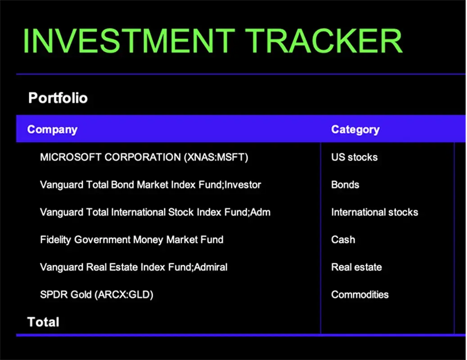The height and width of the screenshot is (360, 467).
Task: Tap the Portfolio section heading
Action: coord(58,98)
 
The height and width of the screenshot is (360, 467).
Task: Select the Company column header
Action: coord(52,130)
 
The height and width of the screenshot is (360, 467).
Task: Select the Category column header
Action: coord(355,130)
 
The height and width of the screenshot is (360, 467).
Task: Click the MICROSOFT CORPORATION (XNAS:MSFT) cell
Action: coord(144,157)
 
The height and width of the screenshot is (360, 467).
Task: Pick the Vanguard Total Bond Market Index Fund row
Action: coord(150,185)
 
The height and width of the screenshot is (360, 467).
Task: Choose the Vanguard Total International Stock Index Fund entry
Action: coord(155,212)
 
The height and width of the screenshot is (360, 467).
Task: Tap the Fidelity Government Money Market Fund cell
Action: coord(131,240)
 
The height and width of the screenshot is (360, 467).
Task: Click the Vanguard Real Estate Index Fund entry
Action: coord(134,267)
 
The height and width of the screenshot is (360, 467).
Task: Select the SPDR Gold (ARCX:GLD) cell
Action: coord(97,295)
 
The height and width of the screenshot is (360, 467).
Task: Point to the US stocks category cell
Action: coord(354,157)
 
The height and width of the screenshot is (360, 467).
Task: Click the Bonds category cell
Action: coord(345,185)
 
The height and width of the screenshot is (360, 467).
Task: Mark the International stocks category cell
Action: coord(374,212)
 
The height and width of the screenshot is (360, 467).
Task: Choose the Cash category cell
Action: coord(343,240)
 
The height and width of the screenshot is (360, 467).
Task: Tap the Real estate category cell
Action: coord(356,267)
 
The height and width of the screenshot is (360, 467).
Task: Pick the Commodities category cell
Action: coord(359,295)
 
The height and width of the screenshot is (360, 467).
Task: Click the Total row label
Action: coord(43,322)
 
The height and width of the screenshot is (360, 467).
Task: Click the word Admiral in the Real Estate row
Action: coord(211,267)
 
